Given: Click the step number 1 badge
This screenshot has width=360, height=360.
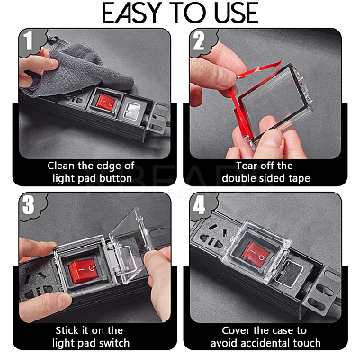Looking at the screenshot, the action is click(x=29, y=41).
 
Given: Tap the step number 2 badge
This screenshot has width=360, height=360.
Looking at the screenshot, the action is click(x=199, y=41).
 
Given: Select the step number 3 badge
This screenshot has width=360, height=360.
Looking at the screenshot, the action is click(x=29, y=205).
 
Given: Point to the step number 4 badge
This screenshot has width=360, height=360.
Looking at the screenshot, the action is click(x=199, y=205).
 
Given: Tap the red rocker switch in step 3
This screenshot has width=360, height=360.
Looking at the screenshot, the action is click(x=83, y=271).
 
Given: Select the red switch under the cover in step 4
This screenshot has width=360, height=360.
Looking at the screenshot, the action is click(x=256, y=255).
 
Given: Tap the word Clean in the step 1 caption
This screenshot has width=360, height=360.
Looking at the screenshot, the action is click(x=61, y=166).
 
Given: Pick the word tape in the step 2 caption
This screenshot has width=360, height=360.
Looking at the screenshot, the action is click(x=299, y=178).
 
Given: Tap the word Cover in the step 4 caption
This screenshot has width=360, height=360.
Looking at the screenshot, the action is click(x=236, y=330).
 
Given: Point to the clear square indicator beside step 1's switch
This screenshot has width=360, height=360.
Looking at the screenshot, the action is click(x=132, y=110).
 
